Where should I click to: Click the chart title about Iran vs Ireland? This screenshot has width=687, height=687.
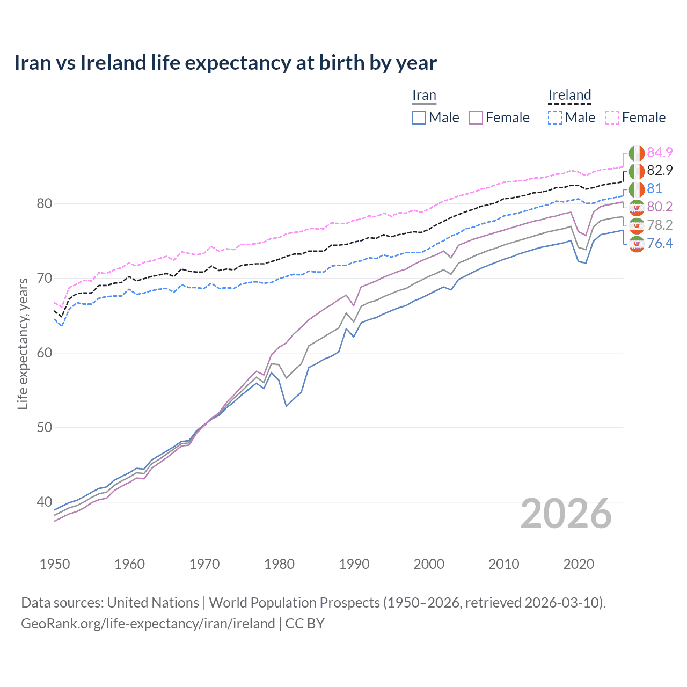tap(225, 63)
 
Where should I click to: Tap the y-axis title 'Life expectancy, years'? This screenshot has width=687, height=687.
tap(23, 343)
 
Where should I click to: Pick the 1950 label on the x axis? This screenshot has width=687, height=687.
tap(55, 564)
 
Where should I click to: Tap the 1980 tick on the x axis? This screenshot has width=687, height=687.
tap(279, 564)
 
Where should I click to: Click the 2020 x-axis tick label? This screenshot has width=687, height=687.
tap(579, 564)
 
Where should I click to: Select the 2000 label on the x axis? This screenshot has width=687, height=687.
tap(429, 564)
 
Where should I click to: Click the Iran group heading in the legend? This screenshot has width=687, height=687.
tap(424, 95)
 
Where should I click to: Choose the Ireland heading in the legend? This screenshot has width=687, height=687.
tap(569, 95)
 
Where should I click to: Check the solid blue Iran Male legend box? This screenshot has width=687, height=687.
tap(419, 118)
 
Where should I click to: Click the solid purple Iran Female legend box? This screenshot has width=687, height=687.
tap(476, 118)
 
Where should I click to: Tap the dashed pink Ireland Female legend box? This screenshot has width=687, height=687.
tap(612, 118)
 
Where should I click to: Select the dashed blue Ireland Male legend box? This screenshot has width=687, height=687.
tap(555, 118)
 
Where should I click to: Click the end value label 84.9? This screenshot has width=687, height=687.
tap(660, 153)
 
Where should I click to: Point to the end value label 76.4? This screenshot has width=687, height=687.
tap(660, 244)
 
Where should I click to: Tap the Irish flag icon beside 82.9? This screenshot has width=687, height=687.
tap(637, 171)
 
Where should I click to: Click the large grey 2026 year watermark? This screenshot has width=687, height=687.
tap(566, 514)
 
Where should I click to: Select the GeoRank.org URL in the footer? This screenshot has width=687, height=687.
tap(148, 624)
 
